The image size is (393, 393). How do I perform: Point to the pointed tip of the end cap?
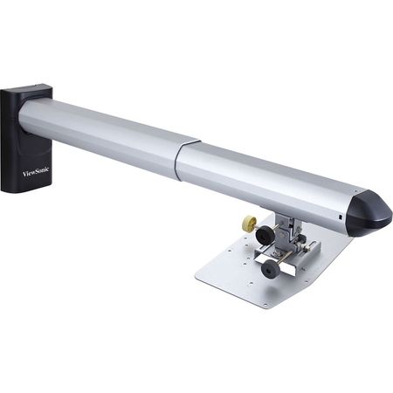pos(389,214)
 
